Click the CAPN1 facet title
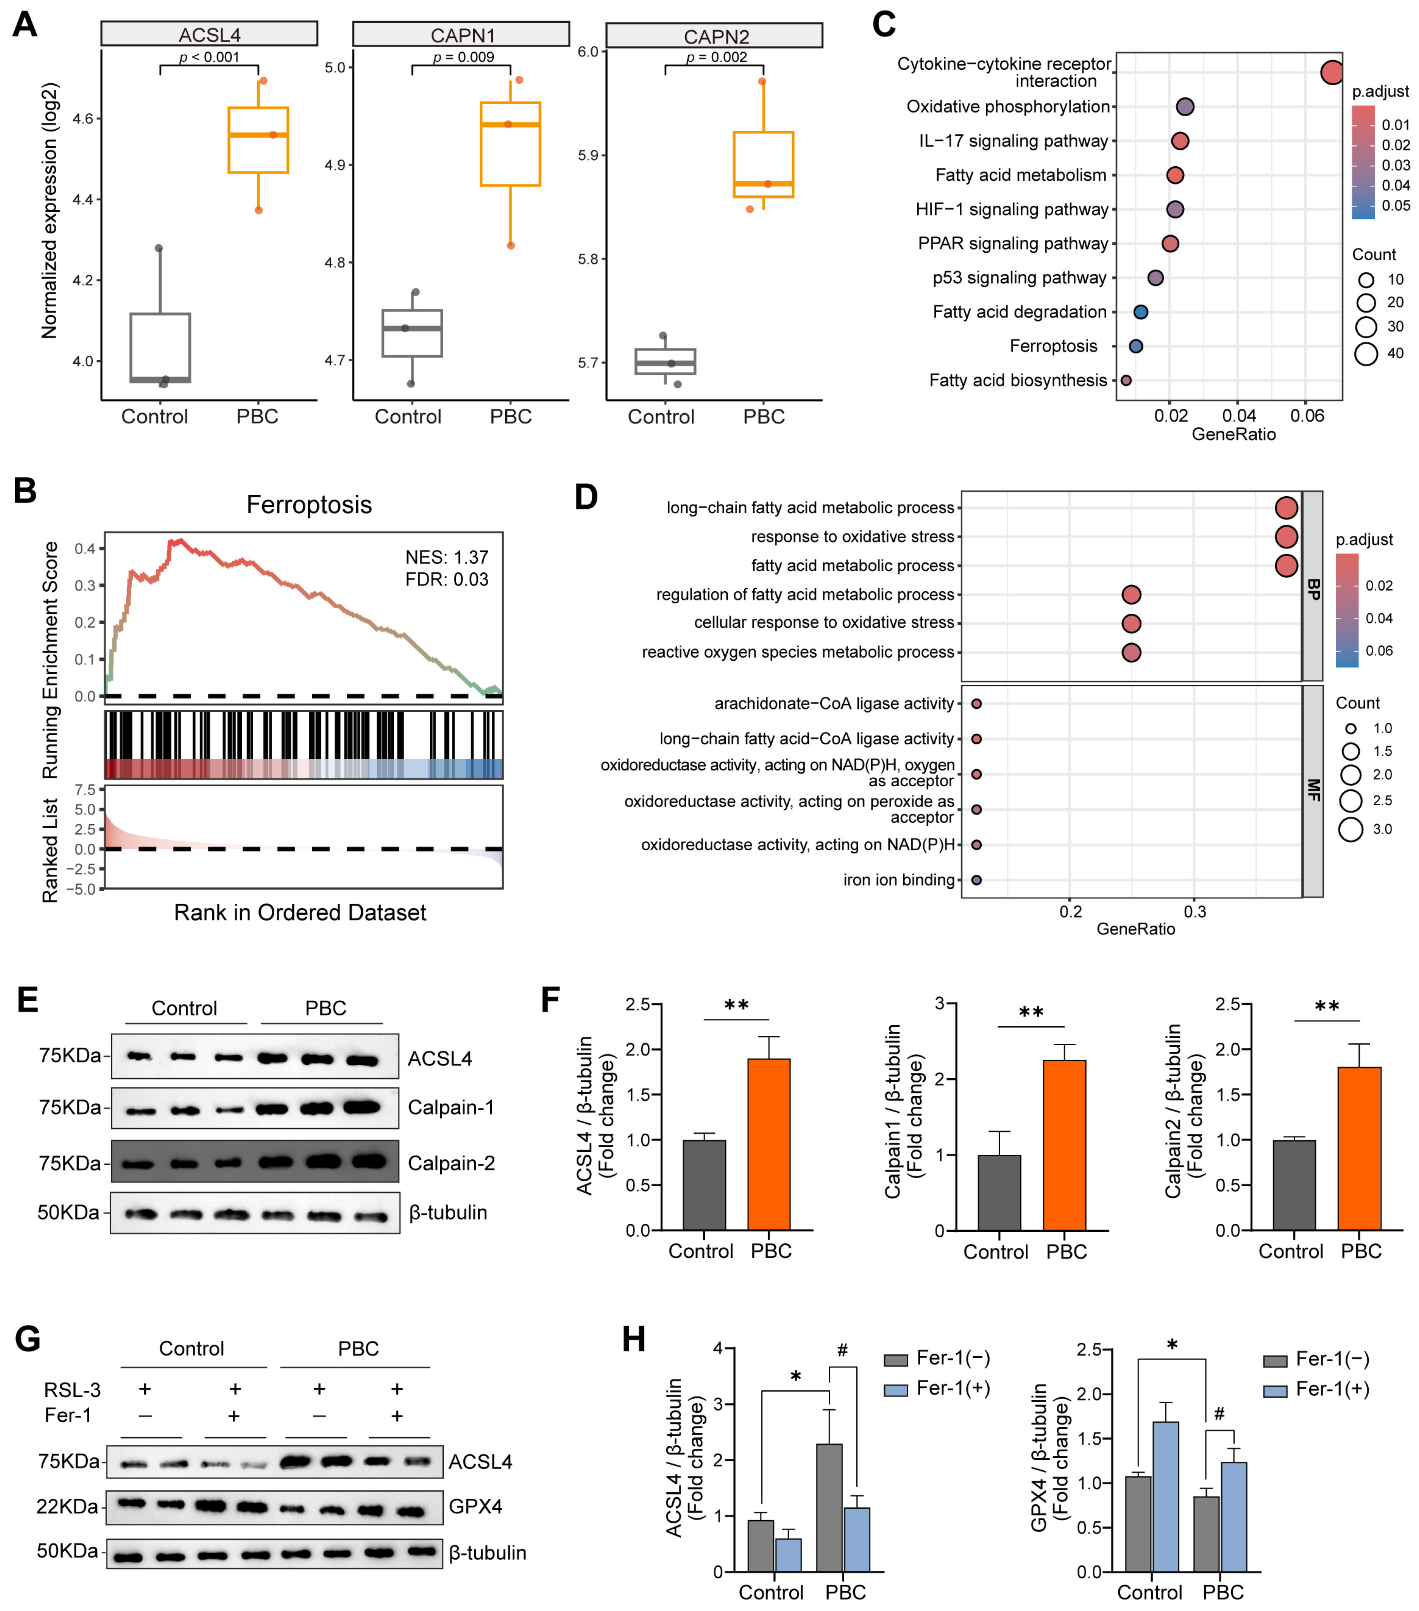[462, 35]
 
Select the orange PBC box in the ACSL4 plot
[258, 140]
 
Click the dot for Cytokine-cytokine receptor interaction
[1331, 73]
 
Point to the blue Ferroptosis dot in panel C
[1135, 346]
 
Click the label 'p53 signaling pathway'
[1019, 278]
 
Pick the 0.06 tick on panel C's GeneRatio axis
[1307, 415]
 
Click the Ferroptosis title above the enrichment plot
[309, 504]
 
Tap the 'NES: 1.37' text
[447, 557]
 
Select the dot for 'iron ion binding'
[976, 880]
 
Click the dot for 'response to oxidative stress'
[1286, 537]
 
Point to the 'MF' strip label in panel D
[1313, 790]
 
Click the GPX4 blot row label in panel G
[475, 1506]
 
